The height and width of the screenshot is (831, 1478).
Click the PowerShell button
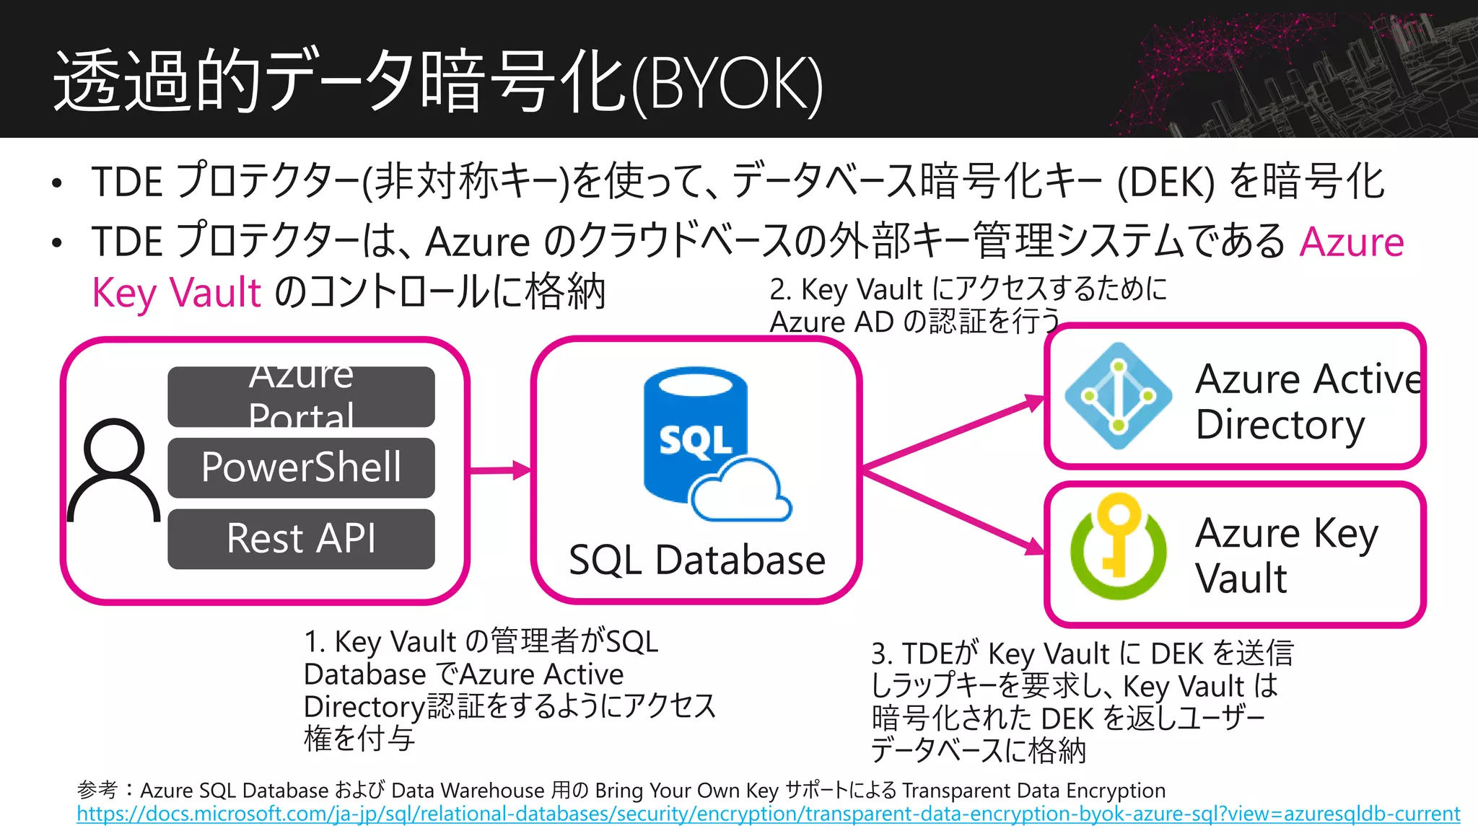(x=301, y=467)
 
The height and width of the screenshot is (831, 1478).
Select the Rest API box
(x=301, y=539)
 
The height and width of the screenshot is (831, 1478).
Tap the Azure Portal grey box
(x=301, y=397)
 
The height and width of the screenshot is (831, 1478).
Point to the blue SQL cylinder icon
(x=694, y=433)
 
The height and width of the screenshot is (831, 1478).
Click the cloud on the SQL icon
(x=740, y=493)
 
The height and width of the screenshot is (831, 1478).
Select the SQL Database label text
(x=696, y=560)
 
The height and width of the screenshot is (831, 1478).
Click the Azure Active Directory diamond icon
(x=1118, y=396)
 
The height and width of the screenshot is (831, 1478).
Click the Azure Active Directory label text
(x=1306, y=401)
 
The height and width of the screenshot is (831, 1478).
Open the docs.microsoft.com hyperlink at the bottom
(x=768, y=814)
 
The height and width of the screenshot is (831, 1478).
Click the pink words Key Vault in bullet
(x=176, y=293)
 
